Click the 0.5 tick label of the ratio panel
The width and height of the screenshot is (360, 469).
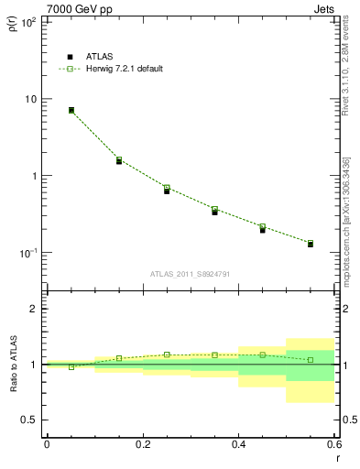29,420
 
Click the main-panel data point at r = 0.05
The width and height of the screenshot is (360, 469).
71,110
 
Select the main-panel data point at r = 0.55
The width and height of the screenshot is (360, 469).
311,244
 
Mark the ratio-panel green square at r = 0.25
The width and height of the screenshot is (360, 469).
167,354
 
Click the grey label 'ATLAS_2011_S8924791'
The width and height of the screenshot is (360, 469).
191,273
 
